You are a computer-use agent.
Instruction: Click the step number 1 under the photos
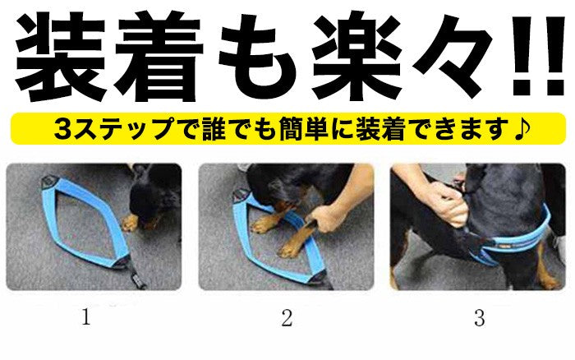click(x=85, y=317)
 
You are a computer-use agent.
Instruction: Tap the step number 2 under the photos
click(x=287, y=317)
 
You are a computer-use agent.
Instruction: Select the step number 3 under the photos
click(x=479, y=318)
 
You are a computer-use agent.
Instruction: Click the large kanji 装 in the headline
click(x=60, y=56)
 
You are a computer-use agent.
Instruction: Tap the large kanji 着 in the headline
click(x=158, y=56)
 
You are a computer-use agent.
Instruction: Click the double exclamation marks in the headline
click(x=538, y=55)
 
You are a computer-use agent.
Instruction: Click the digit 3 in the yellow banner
click(x=64, y=128)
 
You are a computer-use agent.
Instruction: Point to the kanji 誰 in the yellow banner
click(x=214, y=128)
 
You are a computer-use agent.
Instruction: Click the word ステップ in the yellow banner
click(x=122, y=129)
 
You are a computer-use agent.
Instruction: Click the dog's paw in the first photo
click(x=130, y=223)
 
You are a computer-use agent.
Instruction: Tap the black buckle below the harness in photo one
click(x=137, y=276)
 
